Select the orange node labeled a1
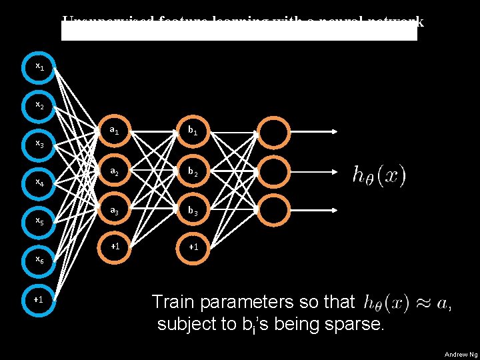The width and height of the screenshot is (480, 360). pos(115,131)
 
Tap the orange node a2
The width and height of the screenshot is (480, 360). pos(115,171)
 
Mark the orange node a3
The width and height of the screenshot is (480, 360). pos(115,211)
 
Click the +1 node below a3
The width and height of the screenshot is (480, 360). pos(115,247)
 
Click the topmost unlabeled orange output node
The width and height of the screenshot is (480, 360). pos(274,131)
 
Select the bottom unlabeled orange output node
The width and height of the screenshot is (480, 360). pos(274,211)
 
